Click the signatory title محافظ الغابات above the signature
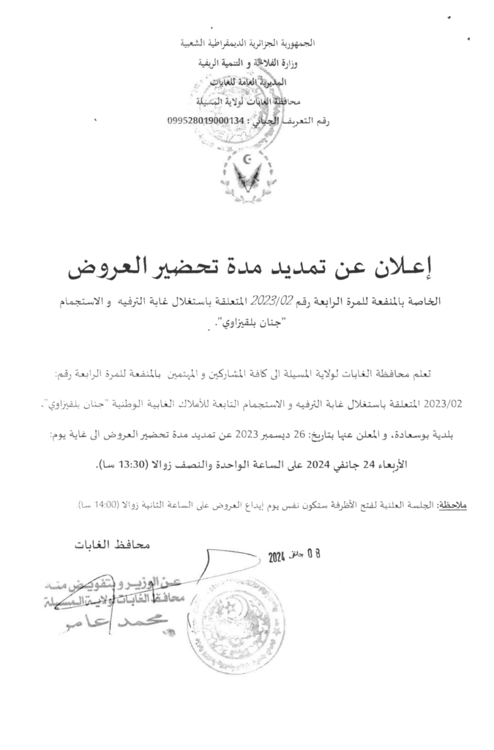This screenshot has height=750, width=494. (x=112, y=545)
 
